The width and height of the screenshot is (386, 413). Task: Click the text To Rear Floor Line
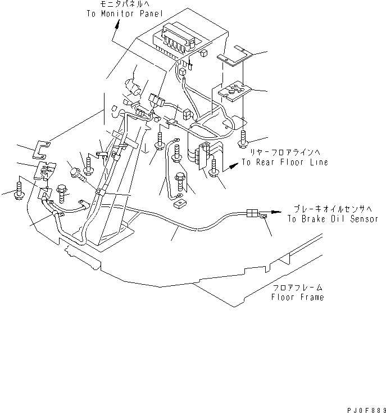tap(285, 162)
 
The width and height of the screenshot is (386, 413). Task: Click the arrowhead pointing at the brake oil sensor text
tap(278, 212)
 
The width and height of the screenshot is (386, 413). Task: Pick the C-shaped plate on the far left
tap(42, 149)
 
